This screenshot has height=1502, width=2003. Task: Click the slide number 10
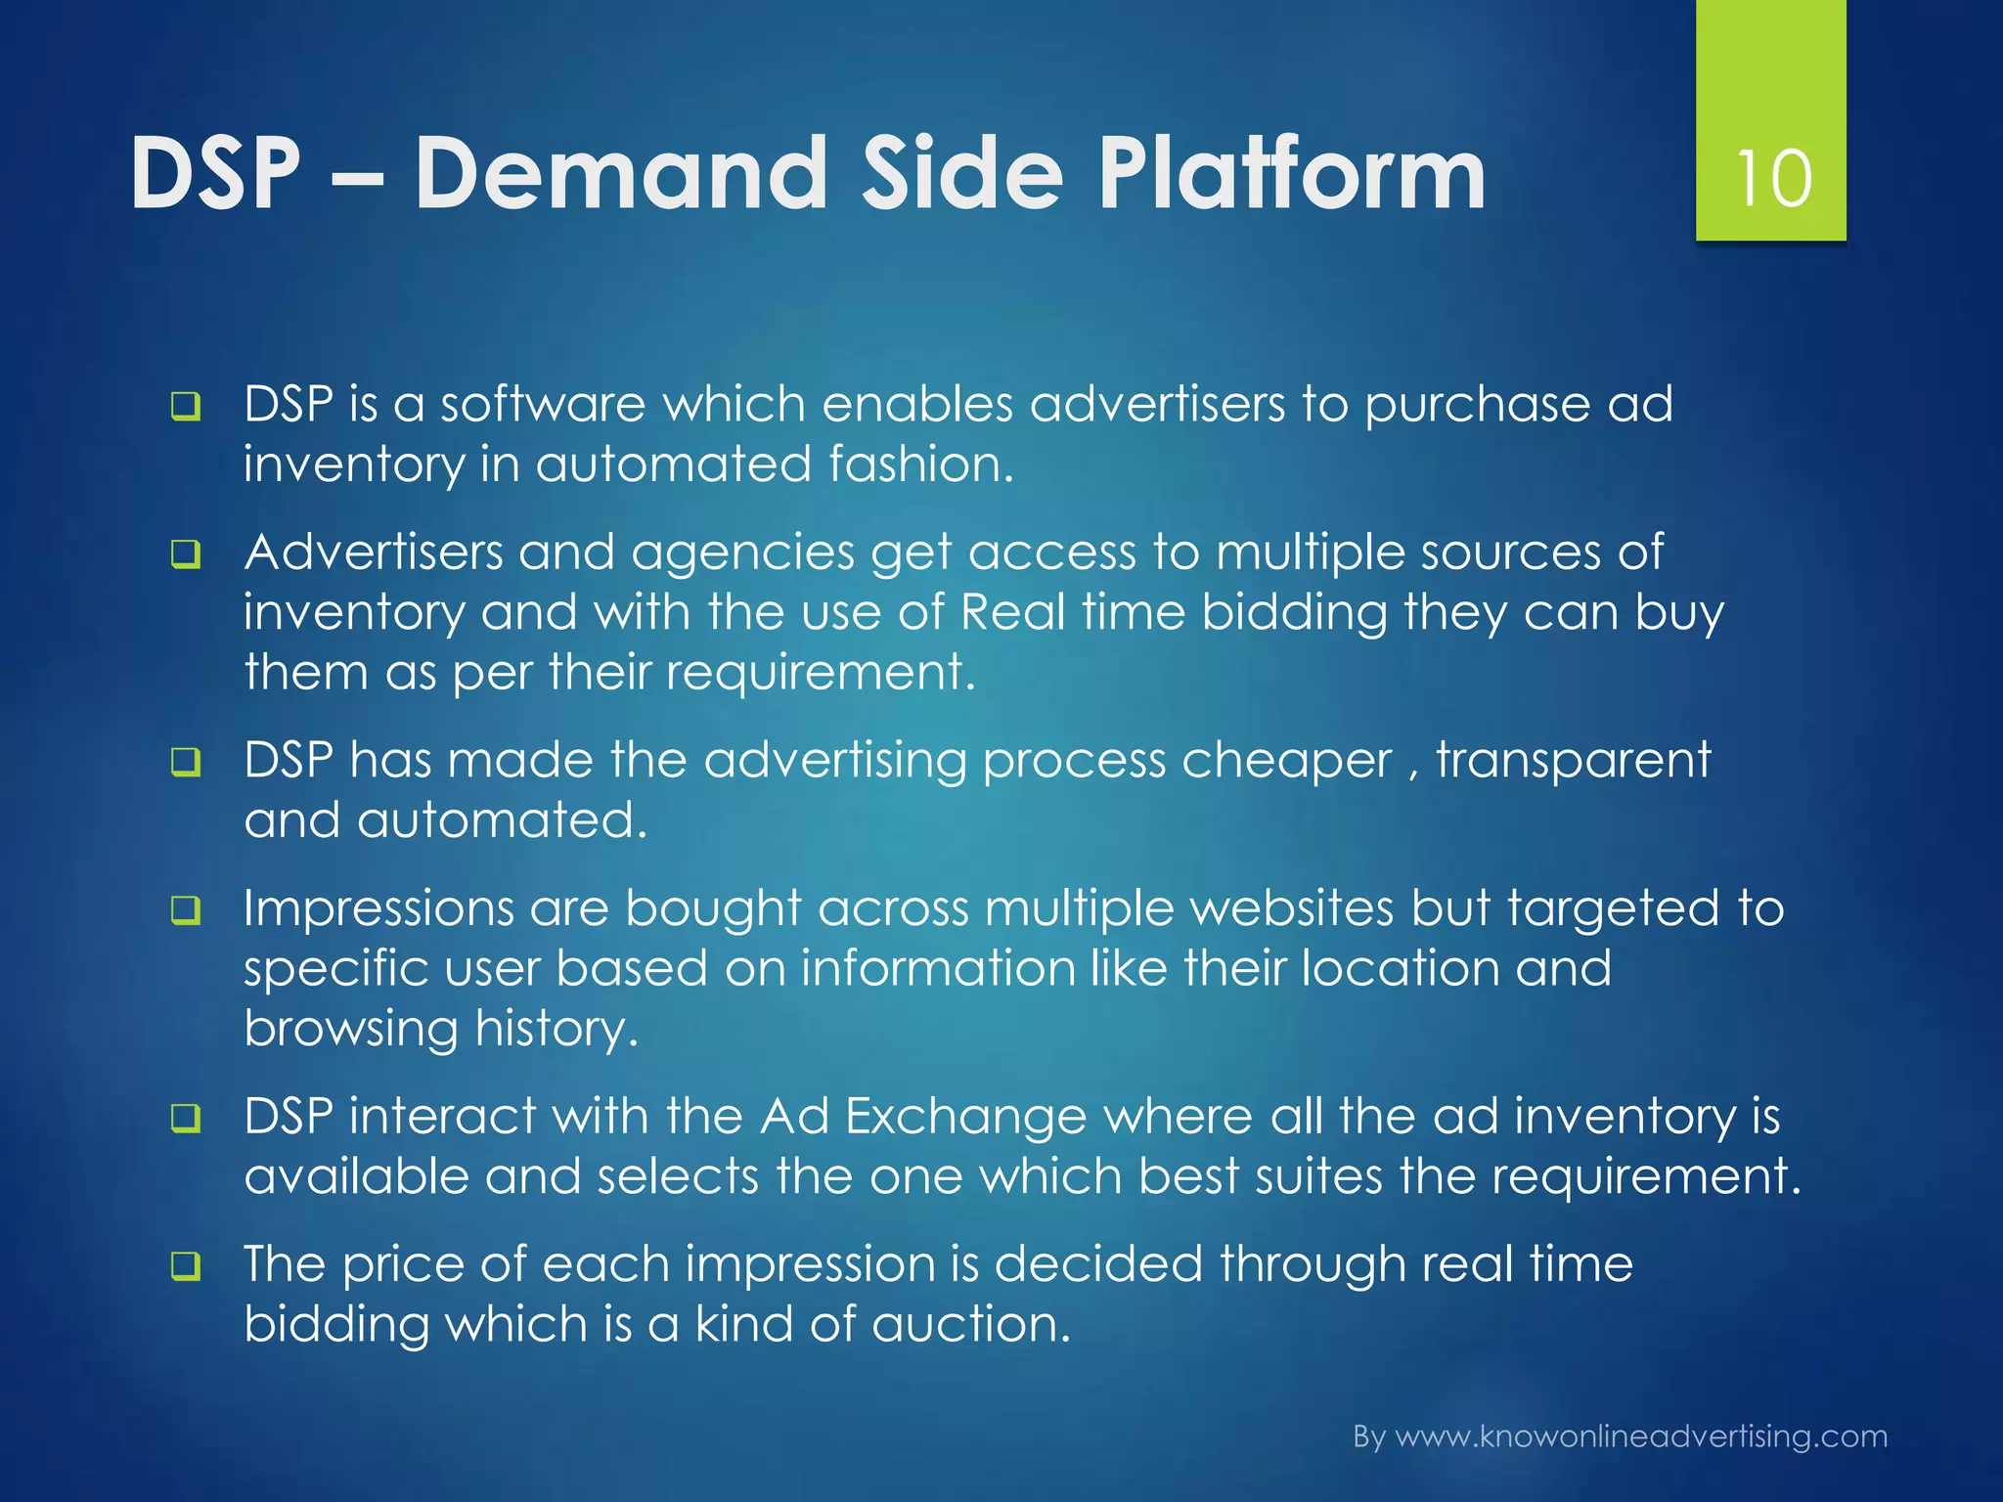coord(1771,179)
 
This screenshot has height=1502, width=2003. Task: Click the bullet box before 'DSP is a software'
coord(185,406)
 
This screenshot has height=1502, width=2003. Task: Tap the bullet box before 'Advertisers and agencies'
coord(185,554)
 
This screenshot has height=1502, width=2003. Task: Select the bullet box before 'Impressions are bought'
coord(185,910)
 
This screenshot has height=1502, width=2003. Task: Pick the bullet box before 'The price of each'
coord(185,1266)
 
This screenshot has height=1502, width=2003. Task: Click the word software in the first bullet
coord(543,404)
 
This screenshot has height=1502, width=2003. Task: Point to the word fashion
coord(920,464)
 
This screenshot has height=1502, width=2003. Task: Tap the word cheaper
coord(1285,761)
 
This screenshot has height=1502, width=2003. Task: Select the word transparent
coord(1573,761)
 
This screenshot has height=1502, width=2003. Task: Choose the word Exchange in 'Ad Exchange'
coord(965,1117)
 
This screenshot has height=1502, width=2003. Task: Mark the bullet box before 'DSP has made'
coord(185,762)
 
